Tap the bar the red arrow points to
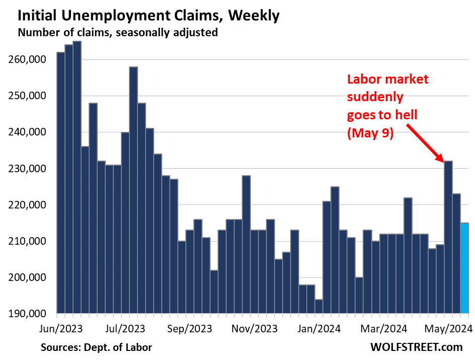448,237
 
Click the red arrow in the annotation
424,141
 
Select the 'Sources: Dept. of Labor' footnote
96,347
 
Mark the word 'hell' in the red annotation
406,115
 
